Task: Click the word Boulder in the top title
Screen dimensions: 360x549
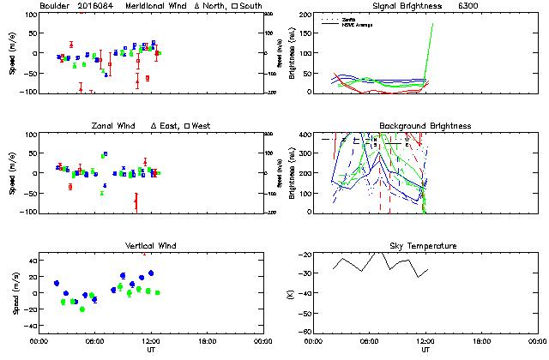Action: [x=54, y=6]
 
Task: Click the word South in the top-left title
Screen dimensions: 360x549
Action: [x=250, y=6]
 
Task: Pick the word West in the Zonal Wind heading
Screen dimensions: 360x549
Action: [x=202, y=126]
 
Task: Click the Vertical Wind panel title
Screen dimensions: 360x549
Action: [x=150, y=246]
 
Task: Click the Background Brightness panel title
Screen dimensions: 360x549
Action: [x=425, y=126]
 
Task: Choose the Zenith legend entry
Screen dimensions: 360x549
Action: [x=349, y=18]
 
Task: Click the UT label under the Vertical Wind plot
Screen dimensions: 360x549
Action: [x=150, y=350]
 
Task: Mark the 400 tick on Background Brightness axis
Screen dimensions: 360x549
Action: [x=299, y=135]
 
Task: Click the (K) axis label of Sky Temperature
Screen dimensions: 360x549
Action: [x=287, y=293]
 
